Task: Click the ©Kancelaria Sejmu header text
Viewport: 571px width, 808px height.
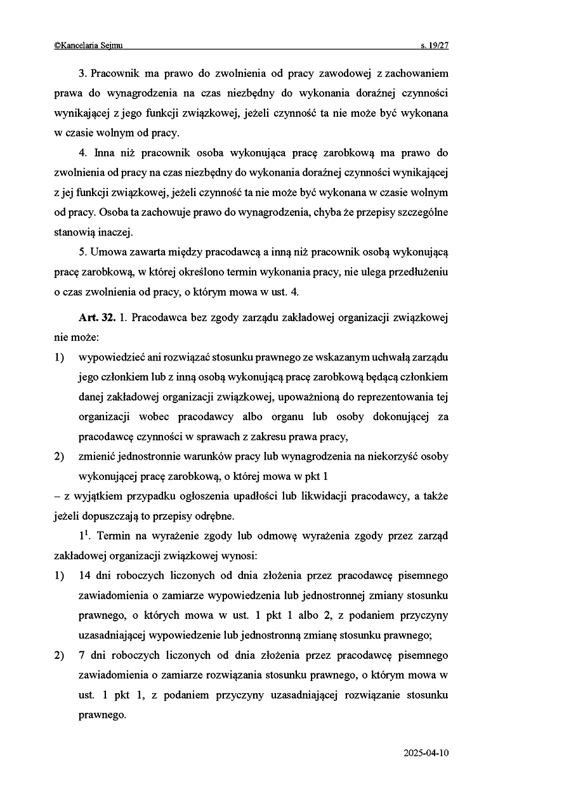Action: tap(89, 45)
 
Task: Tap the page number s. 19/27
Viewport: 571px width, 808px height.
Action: tap(435, 45)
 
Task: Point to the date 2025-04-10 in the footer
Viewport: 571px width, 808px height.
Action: tap(426, 753)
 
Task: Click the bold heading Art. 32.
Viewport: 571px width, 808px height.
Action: tap(96, 317)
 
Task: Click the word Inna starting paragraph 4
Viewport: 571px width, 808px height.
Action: tap(105, 153)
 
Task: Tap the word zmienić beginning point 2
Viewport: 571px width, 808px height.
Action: tap(96, 456)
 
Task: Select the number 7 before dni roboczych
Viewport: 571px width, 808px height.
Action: tap(82, 655)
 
